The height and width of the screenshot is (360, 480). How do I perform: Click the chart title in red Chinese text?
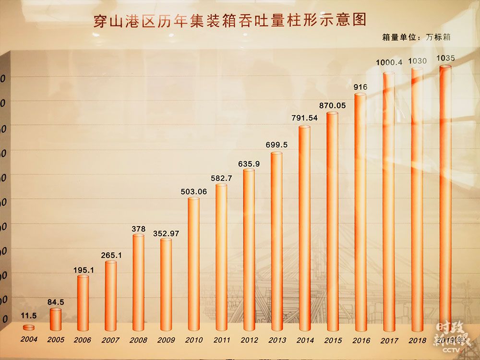[229, 21]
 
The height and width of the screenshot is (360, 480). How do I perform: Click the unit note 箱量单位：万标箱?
[416, 37]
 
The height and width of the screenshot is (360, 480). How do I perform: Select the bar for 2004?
[29, 327]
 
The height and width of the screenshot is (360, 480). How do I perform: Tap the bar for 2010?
[193, 264]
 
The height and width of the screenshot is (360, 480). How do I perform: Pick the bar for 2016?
[360, 211]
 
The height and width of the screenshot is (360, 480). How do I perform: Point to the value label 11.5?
[29, 315]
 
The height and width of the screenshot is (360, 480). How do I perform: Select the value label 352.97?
[166, 234]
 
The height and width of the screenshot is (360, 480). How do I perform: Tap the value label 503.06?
[193, 192]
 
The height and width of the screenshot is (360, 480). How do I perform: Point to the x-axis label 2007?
[111, 340]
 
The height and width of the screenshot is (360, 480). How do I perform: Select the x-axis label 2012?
[249, 340]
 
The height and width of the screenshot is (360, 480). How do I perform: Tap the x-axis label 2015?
[332, 340]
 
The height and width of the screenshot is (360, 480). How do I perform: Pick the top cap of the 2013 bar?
[276, 154]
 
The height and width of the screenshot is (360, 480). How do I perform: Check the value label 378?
[138, 229]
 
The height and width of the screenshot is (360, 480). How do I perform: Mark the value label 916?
[360, 87]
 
